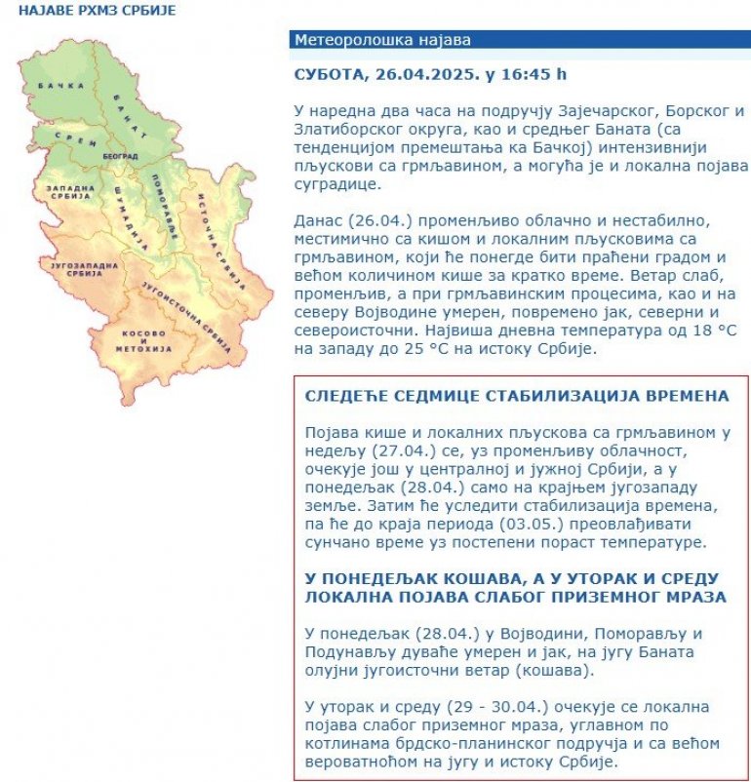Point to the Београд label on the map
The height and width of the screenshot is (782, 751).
119,156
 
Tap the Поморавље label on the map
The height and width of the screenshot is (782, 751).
167,211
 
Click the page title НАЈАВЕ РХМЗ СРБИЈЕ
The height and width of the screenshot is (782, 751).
86,12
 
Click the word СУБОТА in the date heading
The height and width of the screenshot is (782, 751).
329,74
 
